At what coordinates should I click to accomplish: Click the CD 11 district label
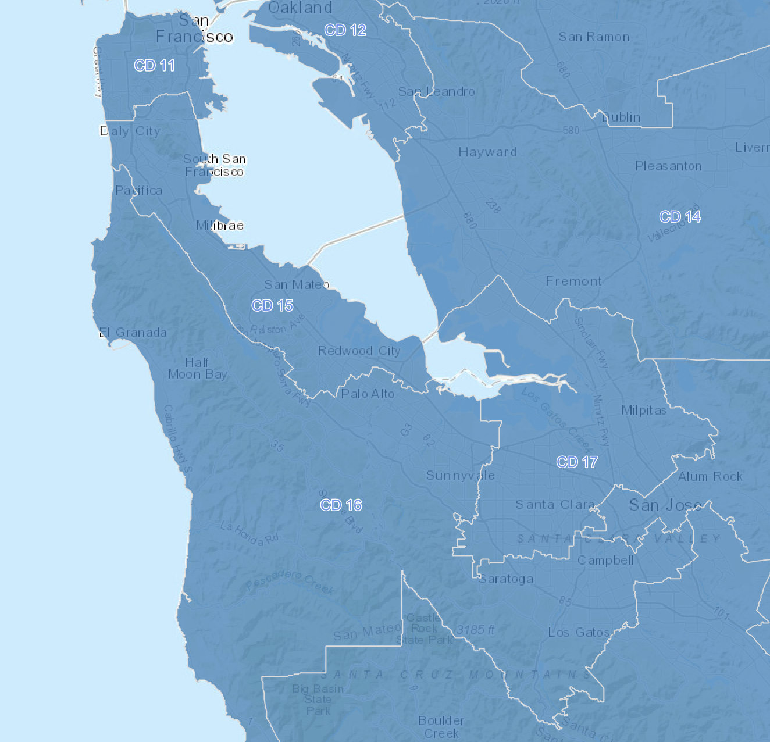pos(154,65)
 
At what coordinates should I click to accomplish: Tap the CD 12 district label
pos(345,30)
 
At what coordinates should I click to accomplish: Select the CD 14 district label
pos(680,217)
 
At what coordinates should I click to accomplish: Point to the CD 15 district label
pos(272,305)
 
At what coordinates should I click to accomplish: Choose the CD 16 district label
pos(341,505)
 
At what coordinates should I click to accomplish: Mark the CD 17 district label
pos(577,462)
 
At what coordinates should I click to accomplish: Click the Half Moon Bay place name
pos(197,369)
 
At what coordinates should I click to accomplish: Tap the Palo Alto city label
pos(368,394)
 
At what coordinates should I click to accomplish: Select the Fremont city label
pos(573,281)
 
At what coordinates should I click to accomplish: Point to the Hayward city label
pos(487,152)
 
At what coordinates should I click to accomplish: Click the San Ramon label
pos(594,37)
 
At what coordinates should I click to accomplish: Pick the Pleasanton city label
pos(668,166)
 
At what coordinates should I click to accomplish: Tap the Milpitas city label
pos(644,410)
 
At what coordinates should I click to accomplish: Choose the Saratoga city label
pos(506,579)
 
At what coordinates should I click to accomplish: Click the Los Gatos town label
pos(579,632)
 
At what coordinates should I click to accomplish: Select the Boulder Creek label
pos(441,727)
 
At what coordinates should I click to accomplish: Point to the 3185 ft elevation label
pos(476,630)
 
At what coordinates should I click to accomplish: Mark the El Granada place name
pos(133,333)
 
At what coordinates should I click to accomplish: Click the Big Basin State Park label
pos(318,700)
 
